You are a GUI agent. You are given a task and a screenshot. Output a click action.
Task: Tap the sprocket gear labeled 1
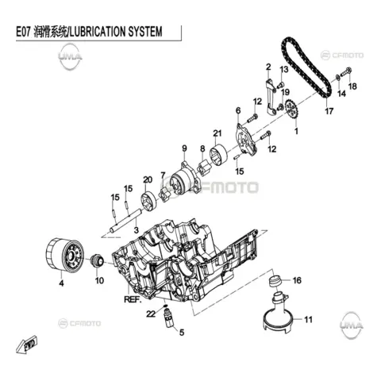coord(292,109)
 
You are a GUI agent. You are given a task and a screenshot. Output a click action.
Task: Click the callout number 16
coord(297,280)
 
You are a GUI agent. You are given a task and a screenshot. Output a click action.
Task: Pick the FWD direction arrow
coord(27,344)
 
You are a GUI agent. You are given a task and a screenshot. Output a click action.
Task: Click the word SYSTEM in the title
coord(145,32)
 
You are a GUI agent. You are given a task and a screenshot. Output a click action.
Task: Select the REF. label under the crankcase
coord(133,299)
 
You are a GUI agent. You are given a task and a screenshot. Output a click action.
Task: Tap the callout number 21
coord(217,133)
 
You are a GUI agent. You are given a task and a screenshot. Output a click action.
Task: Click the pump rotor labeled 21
coord(218,156)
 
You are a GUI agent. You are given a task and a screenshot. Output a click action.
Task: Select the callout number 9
coord(184,148)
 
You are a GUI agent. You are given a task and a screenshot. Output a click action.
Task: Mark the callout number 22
coord(151,314)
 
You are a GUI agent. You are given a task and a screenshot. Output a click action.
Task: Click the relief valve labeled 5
coord(168,318)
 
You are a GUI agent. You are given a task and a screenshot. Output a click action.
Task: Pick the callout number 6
coord(238,110)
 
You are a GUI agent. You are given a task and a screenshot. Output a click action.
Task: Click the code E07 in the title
coord(24,32)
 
